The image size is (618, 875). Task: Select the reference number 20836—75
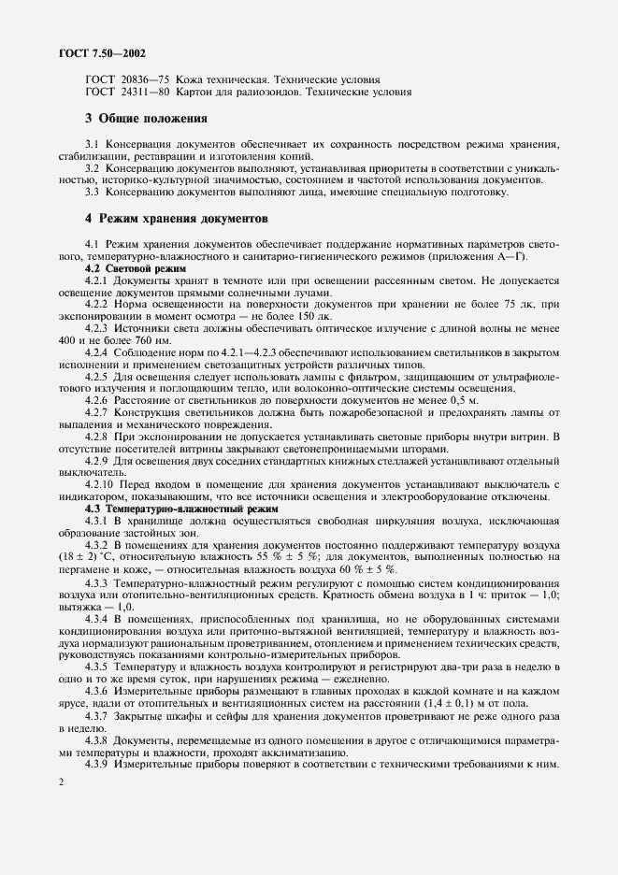pos(139,79)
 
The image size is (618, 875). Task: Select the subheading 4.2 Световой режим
pos(136,268)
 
